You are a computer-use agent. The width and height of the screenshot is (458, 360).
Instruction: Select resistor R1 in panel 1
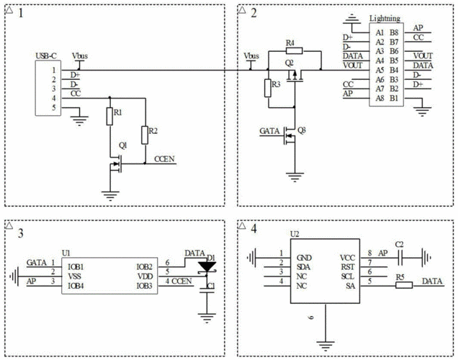tap(109, 115)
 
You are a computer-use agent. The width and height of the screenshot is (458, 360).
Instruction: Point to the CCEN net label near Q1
tap(163, 159)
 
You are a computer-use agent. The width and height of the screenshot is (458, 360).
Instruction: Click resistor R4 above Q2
tap(289, 51)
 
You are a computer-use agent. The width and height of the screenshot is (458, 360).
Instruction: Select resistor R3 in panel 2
tap(267, 89)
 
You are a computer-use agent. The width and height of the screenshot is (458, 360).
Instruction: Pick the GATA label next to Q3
tap(271, 131)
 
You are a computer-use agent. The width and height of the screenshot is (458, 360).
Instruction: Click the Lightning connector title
tap(385, 17)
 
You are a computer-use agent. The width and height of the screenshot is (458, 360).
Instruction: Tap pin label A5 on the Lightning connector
tap(378, 70)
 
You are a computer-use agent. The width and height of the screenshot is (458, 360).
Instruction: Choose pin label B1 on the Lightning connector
tap(394, 98)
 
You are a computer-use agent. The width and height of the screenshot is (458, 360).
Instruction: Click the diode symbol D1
tap(208, 266)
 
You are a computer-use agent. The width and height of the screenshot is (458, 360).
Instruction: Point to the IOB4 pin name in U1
tap(73, 286)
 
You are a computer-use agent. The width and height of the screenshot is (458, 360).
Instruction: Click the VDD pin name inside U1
tap(144, 276)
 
